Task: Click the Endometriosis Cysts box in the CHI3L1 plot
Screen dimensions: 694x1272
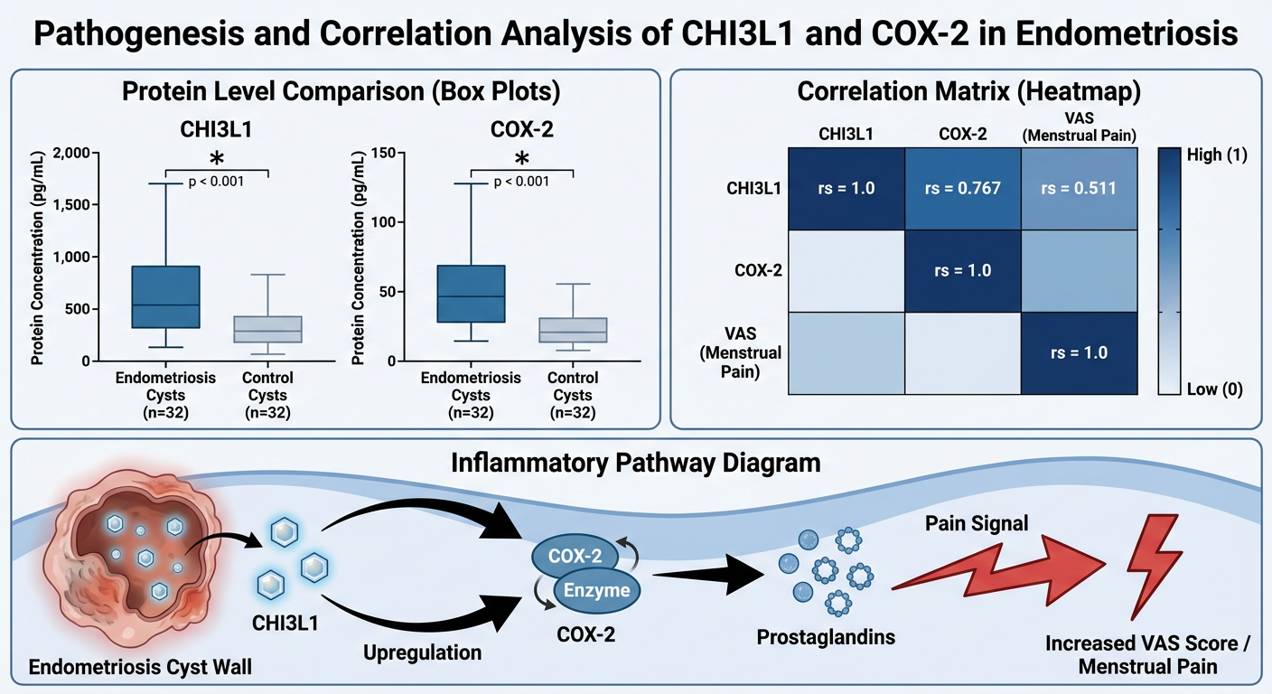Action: click(165, 296)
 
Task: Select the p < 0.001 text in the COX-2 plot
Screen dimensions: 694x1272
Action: click(522, 181)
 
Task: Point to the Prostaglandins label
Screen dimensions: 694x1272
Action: click(825, 637)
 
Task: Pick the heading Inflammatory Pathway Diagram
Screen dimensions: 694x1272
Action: click(635, 463)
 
